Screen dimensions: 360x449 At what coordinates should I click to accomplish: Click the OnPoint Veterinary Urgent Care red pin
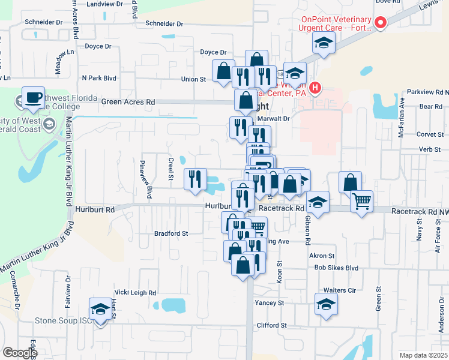point(380,23)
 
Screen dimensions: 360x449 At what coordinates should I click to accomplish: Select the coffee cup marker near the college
point(34,98)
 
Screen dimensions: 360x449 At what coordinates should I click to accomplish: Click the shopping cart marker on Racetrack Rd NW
point(361,202)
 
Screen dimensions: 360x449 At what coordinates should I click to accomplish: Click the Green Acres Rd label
point(128,102)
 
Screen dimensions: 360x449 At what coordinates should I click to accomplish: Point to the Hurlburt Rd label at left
point(95,210)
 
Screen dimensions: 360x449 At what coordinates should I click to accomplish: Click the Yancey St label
point(269,303)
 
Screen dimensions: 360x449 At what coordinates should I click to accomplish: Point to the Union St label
point(193,79)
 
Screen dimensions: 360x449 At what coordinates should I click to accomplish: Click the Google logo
point(19,353)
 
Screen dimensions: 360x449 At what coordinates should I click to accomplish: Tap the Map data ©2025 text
point(423,355)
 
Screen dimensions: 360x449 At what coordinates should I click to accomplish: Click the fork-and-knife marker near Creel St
point(194,179)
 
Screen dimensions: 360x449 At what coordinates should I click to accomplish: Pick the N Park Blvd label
point(98,78)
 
